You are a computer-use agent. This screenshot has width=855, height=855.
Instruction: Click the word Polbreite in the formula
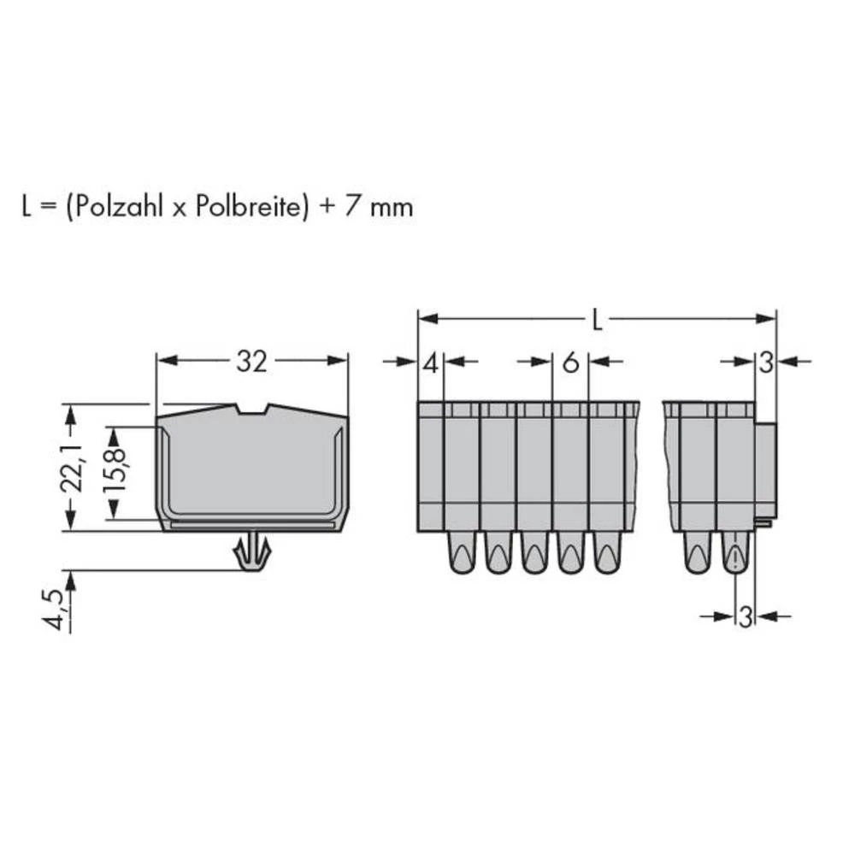251,208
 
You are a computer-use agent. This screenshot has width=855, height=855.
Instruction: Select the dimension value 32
251,363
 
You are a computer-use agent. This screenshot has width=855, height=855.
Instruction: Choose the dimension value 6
570,363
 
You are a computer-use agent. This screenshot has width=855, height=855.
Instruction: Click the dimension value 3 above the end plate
765,363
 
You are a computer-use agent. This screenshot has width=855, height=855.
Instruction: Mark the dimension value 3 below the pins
745,616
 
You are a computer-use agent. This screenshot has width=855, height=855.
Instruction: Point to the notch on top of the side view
253,410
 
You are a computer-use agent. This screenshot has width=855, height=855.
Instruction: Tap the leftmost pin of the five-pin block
461,554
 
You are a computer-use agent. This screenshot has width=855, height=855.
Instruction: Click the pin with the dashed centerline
735,554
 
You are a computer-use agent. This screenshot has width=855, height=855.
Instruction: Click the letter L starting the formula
28,208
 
